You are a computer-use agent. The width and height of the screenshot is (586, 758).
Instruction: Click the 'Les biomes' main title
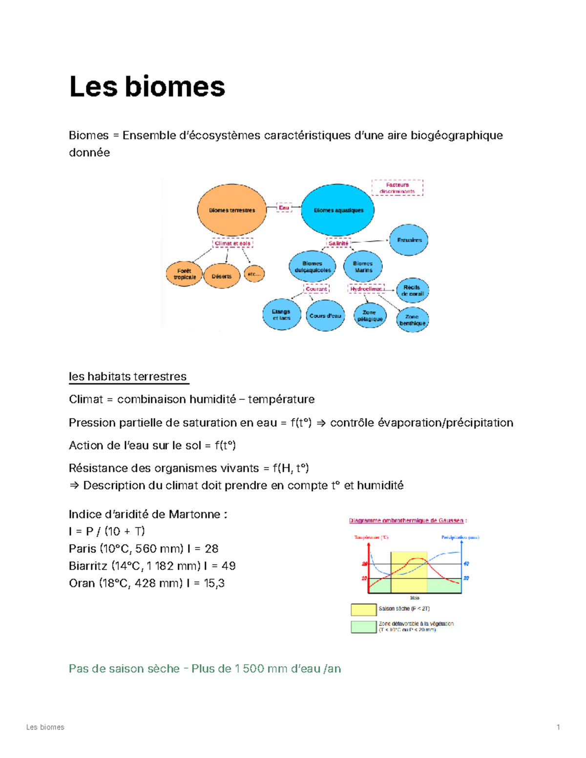(x=147, y=86)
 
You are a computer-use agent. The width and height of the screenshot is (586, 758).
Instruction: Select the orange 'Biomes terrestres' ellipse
(x=232, y=210)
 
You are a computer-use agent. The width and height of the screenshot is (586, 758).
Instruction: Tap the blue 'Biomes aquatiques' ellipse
(x=338, y=210)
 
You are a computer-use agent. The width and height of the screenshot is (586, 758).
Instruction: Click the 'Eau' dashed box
(x=284, y=207)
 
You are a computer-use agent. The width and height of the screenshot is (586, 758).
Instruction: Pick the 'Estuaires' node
(x=409, y=240)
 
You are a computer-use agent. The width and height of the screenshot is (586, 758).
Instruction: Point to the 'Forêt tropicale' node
(x=184, y=274)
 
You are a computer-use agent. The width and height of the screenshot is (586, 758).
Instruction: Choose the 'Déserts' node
(x=222, y=276)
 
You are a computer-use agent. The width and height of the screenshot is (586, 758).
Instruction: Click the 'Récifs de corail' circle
(x=413, y=290)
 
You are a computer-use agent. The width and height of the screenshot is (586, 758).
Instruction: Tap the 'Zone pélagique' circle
(x=370, y=316)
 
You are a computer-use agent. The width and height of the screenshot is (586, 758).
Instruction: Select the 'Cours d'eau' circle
(x=325, y=316)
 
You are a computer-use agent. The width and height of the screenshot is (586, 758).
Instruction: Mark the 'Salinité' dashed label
(x=338, y=243)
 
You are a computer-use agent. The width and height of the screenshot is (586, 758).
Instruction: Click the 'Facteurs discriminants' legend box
(x=397, y=188)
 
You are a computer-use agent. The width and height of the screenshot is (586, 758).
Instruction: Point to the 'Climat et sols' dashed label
(x=232, y=243)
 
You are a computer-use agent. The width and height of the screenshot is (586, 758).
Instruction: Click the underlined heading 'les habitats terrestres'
(x=128, y=376)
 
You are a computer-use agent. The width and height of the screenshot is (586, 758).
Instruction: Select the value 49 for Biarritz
(x=229, y=566)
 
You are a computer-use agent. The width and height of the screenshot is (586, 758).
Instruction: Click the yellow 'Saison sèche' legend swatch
(x=363, y=609)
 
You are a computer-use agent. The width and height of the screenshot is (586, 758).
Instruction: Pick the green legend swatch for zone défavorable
(x=363, y=627)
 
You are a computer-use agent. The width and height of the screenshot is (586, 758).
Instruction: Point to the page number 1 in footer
(x=558, y=727)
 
